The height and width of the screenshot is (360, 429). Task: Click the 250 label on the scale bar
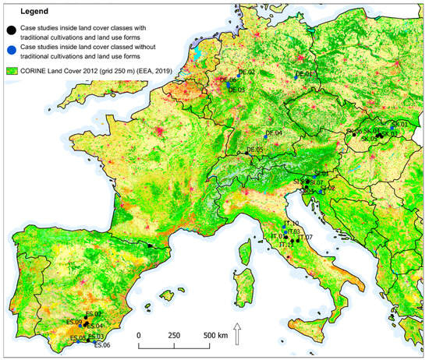[x=175, y=334]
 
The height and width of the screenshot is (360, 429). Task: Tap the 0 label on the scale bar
[x=139, y=334]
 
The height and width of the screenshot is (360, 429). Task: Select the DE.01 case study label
[x=304, y=75]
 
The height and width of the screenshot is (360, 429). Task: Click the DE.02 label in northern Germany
[x=247, y=72]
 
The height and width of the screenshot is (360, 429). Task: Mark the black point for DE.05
[x=247, y=153]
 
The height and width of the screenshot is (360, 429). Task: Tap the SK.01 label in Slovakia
[x=401, y=124]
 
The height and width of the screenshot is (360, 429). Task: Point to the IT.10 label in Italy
[x=290, y=224]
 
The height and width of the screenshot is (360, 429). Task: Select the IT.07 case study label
[x=305, y=237]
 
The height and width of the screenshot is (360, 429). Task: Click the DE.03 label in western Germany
[x=236, y=90]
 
